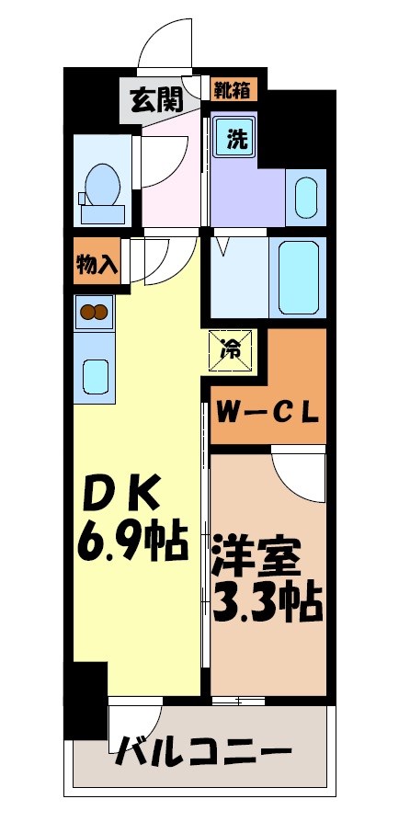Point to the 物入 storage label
coord(96,265)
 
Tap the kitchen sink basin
coord(95,375)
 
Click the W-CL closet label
coord(268,410)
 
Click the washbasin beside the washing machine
coord(306,196)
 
